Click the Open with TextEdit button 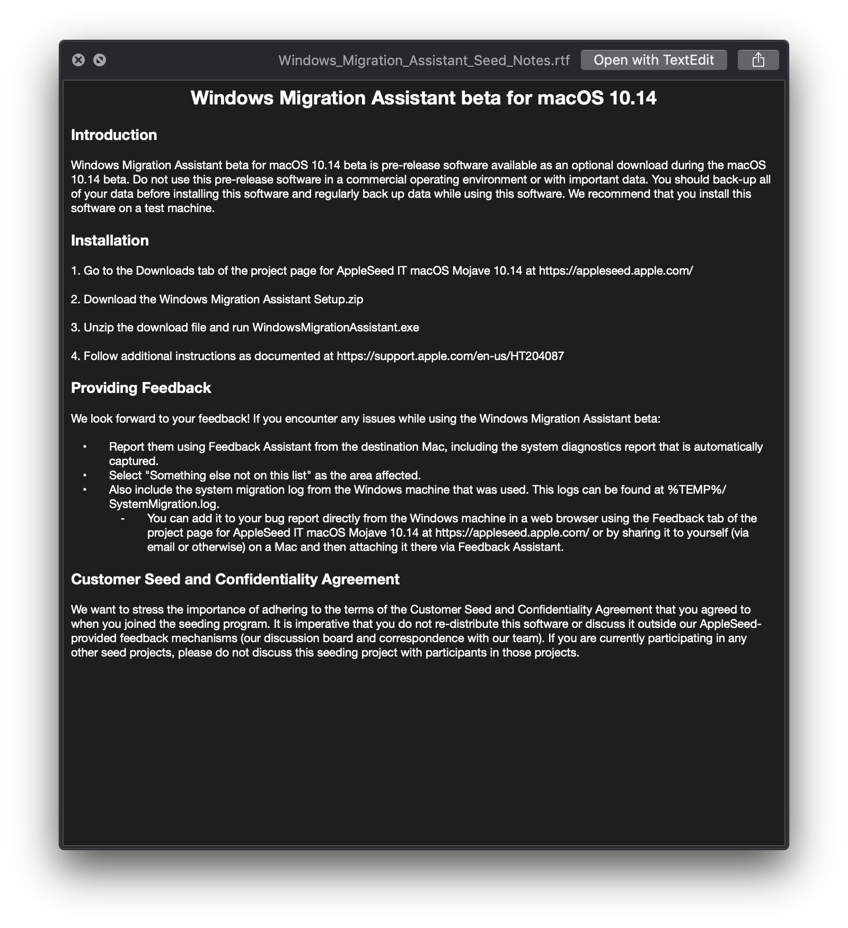[x=653, y=60]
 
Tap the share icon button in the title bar [x=758, y=60]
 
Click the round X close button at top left [x=78, y=60]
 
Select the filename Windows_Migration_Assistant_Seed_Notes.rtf [x=424, y=60]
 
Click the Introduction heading [x=114, y=135]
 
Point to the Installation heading [x=110, y=240]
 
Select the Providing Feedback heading [x=141, y=388]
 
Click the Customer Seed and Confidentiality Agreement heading [x=235, y=579]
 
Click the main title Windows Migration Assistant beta [x=423, y=98]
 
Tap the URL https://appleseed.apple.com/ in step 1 [x=616, y=270]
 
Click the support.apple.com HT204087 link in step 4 [x=450, y=356]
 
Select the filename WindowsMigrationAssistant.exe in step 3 [x=335, y=327]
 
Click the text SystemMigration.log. [x=164, y=504]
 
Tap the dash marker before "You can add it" [x=123, y=519]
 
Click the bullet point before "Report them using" [x=85, y=447]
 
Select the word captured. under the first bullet [x=134, y=461]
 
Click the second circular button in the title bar [x=100, y=60]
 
